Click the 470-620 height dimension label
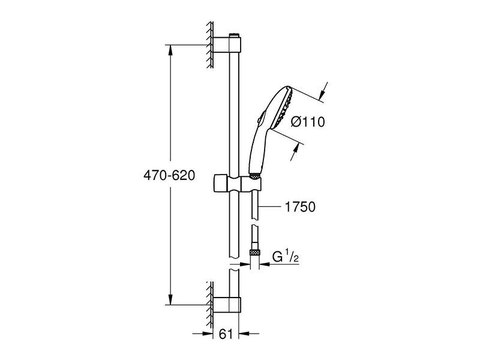coord(169,175)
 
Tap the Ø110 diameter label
coord(308,122)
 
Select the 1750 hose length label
coord(300,207)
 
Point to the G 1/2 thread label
coord(286,257)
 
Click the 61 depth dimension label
coord(226,334)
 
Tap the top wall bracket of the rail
coord(227,45)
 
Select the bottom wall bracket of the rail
coord(227,305)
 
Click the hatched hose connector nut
coord(254,253)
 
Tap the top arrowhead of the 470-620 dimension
coord(170,51)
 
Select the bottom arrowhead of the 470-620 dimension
coord(170,299)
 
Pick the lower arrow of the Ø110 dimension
coord(295,151)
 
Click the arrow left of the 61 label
coord(203,334)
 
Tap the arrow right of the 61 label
coord(248,334)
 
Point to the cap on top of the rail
coord(234,35)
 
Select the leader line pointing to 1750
coord(269,207)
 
